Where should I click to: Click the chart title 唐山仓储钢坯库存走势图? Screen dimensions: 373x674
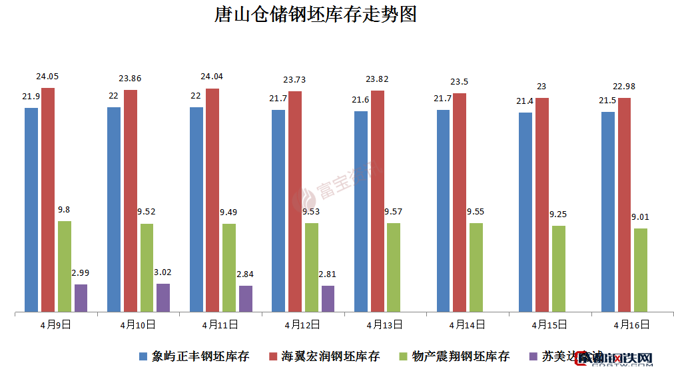click(x=315, y=15)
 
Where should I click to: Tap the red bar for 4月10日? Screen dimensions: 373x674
click(x=131, y=200)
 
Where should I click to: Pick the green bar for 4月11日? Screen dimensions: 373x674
click(x=229, y=267)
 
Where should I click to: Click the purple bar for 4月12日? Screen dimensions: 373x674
click(x=328, y=298)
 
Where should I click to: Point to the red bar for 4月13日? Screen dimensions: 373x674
click(x=378, y=200)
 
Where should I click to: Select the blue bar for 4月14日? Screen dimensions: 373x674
click(x=444, y=210)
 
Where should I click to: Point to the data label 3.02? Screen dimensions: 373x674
click(x=163, y=272)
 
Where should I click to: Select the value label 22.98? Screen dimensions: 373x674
click(x=625, y=87)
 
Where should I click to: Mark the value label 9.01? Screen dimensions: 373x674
click(x=641, y=216)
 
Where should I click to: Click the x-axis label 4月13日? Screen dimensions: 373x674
click(x=384, y=325)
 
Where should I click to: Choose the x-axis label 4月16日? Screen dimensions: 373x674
click(x=631, y=325)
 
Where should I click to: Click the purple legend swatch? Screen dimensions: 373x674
click(x=533, y=356)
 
